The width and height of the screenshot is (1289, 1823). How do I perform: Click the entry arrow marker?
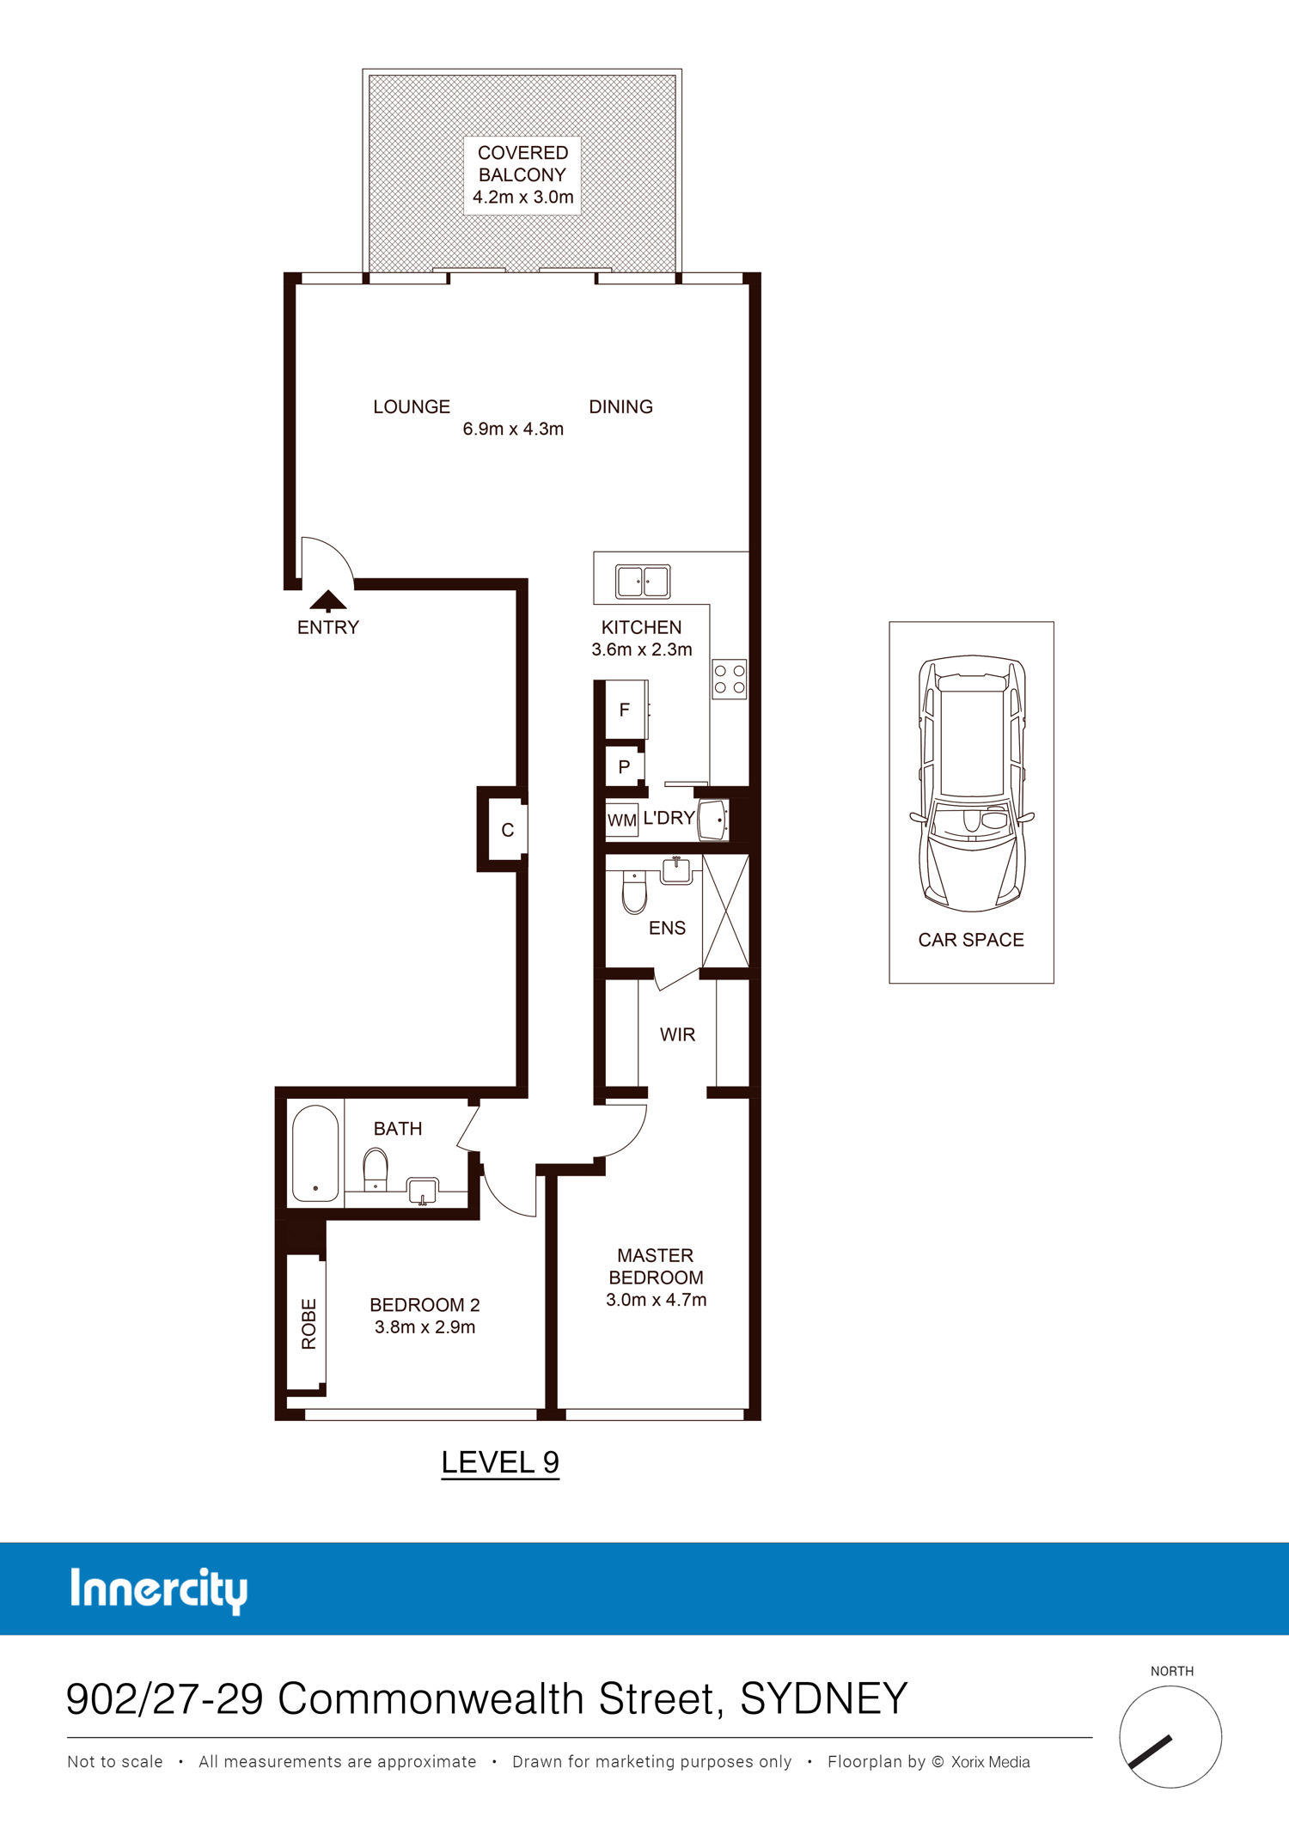pos(327,601)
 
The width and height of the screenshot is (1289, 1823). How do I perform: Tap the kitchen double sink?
pos(643,582)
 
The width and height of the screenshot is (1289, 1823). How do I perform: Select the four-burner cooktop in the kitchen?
pos(730,679)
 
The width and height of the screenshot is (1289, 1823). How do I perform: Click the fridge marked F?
pos(626,710)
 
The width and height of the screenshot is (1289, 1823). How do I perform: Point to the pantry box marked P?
pos(625,766)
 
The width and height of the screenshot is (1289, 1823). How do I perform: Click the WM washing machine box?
pos(622,820)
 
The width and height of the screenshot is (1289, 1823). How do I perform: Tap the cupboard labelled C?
pos(507,830)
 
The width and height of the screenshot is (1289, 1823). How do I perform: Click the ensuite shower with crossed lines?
pos(726,911)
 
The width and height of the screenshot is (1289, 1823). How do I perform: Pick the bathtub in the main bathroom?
pos(315,1153)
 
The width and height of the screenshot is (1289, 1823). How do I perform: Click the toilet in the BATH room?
pos(376,1169)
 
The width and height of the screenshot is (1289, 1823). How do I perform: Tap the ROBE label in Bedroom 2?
pos(309,1324)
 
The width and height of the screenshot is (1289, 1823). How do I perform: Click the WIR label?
pos(677,1034)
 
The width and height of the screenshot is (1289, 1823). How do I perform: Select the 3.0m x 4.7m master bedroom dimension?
pos(656,1300)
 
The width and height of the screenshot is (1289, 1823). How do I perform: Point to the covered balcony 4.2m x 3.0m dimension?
pos(522,197)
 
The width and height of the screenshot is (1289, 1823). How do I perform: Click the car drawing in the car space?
pos(971,783)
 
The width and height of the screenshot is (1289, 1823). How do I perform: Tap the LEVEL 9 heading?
pos(500,1462)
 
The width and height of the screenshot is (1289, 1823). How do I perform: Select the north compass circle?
pos(1170,1736)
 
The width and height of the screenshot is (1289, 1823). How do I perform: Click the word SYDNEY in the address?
pos(823,1698)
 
